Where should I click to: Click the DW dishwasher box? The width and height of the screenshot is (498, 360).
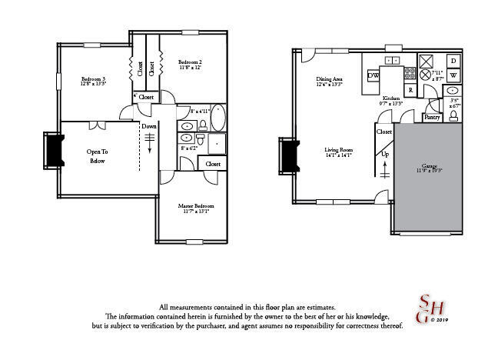pyautogui.click(x=373, y=75)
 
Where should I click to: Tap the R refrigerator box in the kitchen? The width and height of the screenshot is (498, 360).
pyautogui.click(x=411, y=90)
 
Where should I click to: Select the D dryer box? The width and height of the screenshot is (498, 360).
pyautogui.click(x=453, y=60)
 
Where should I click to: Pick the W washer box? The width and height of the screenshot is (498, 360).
pyautogui.click(x=453, y=75)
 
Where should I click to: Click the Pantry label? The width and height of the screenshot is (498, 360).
pyautogui.click(x=432, y=118)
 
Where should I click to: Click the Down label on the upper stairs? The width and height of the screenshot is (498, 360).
pyautogui.click(x=149, y=126)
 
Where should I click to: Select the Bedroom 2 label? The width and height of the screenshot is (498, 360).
pyautogui.click(x=190, y=62)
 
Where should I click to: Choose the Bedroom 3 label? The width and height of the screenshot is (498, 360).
pyautogui.click(x=93, y=78)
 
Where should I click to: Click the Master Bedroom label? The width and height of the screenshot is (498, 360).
pyautogui.click(x=196, y=206)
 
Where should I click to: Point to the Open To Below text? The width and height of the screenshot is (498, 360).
pyautogui.click(x=98, y=156)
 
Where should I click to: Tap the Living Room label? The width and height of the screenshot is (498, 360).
pyautogui.click(x=338, y=150)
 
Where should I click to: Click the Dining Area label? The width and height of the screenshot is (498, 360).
pyautogui.click(x=329, y=79)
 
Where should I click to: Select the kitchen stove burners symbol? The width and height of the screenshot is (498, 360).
pyautogui.click(x=410, y=75)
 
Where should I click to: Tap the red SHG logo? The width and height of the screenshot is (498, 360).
pyautogui.click(x=423, y=310)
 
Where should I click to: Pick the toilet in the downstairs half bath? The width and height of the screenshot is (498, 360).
pyautogui.click(x=453, y=116)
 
